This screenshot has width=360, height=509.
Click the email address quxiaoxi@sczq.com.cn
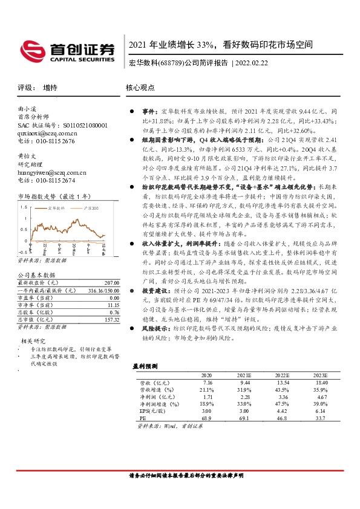pyautogui.click(x=47, y=133)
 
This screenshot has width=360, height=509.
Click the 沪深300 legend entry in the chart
pyautogui.click(x=91, y=207)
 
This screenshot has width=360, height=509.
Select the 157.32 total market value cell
pyautogui.click(x=112, y=320)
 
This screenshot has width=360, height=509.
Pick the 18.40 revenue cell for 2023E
pyautogui.click(x=320, y=383)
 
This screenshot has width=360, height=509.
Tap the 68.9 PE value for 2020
pyautogui.click(x=207, y=417)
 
